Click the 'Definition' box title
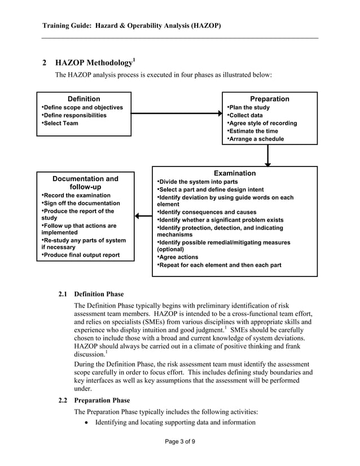(84, 99)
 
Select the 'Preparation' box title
(269, 99)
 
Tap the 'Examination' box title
(234, 173)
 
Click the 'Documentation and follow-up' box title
(85, 183)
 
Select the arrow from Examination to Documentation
(143, 216)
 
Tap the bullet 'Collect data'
(246, 115)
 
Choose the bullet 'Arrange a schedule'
(256, 139)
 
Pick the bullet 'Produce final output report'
(81, 255)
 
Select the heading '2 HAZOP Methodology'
(89, 63)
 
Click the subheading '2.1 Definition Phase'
(91, 294)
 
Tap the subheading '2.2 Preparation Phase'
(94, 401)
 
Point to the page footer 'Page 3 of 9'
(179, 441)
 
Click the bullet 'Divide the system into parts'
(198, 182)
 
